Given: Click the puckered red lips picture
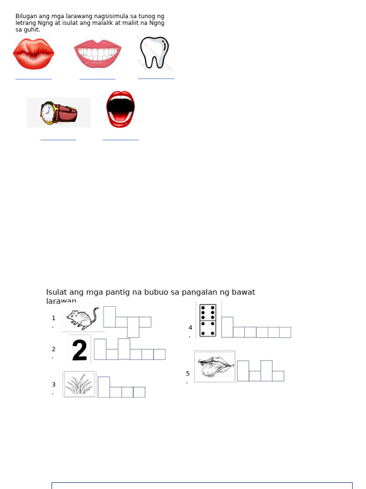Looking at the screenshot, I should tap(33, 54).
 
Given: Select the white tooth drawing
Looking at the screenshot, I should tap(154, 52).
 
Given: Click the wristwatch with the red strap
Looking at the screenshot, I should tap(59, 113).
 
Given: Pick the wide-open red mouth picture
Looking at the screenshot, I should tap(121, 109).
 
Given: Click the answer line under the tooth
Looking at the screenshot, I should tap(156, 78).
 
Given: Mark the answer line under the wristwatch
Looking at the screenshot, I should tap(58, 139).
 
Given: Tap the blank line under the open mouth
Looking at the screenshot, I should tap(121, 139).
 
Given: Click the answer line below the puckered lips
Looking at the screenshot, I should tap(33, 78).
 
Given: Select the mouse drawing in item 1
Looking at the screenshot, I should tap(82, 318).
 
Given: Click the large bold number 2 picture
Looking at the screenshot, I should tap(80, 349).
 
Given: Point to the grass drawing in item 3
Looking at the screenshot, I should tap(79, 384).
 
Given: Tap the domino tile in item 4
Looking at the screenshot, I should tap(208, 320).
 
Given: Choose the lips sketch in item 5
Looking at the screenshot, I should tap(215, 367).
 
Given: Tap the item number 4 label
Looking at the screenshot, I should tap(190, 328).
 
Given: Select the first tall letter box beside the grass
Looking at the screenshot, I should tap(103, 387).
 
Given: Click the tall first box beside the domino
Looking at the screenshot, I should tap(227, 327).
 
